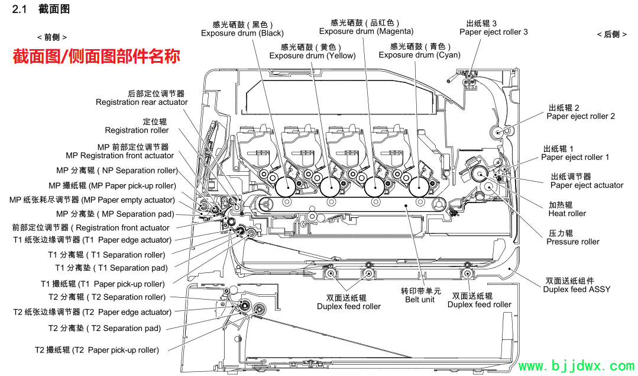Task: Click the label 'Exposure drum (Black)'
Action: (x=242, y=33)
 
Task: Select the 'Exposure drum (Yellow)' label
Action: (x=312, y=56)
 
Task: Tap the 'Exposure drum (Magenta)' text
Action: (x=366, y=31)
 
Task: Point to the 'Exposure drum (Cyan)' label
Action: (x=419, y=55)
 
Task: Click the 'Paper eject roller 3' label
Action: (x=494, y=32)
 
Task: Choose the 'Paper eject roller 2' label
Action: (x=581, y=117)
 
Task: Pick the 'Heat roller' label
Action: (x=567, y=213)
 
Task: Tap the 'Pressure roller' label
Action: (x=573, y=242)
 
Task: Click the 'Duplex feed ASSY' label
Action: (x=577, y=290)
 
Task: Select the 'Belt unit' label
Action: (x=419, y=300)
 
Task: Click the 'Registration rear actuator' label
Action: (x=141, y=102)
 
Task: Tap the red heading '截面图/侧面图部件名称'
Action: (x=96, y=56)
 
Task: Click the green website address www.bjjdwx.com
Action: (x=576, y=365)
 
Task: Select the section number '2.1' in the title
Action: (x=19, y=9)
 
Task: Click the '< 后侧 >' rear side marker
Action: (x=611, y=34)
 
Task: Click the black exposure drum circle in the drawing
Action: (x=285, y=188)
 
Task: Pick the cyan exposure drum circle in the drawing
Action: (x=419, y=188)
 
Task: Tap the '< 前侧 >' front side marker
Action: (x=51, y=37)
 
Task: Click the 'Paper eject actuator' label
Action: (x=587, y=185)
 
